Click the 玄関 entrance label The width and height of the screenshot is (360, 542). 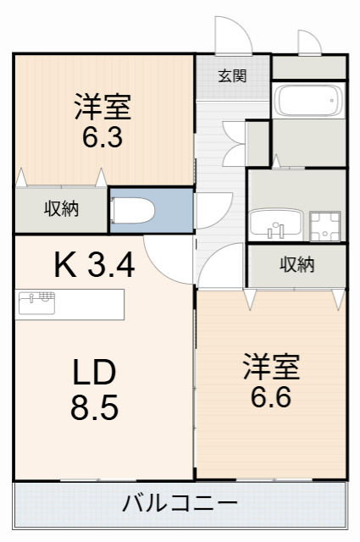point(231,76)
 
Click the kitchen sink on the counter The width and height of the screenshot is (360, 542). point(36,301)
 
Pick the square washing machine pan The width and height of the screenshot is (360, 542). point(324,225)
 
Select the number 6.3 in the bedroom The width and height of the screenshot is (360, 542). point(102,137)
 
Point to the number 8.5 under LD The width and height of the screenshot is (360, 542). point(94,407)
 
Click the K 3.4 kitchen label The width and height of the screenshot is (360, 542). point(94,266)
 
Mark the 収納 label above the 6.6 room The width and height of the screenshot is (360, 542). point(296,265)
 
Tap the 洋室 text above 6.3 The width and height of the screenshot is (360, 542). point(102,108)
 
